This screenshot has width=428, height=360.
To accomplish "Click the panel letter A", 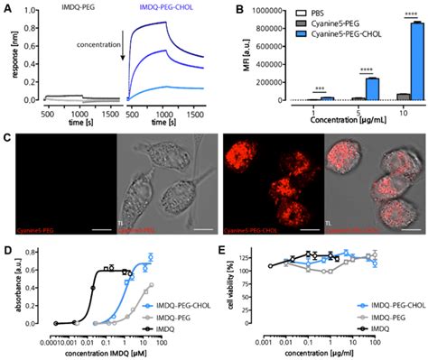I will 7,7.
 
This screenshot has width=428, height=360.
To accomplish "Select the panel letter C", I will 7,138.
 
